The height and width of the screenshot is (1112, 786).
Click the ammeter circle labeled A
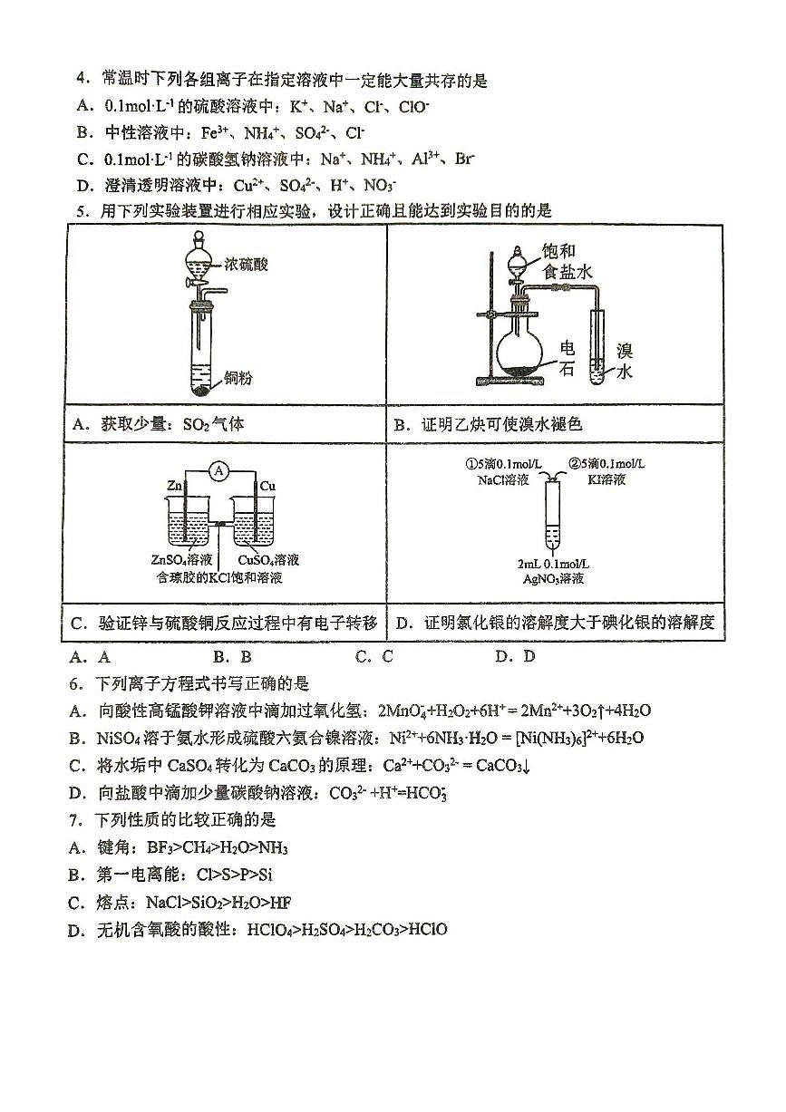coord(216,470)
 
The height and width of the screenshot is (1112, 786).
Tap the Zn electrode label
coord(174,487)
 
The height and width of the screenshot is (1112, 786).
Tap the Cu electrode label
coord(267,487)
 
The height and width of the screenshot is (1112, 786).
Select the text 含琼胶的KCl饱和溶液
coord(218,577)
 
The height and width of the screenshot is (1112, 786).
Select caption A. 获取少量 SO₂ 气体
coord(160,423)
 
